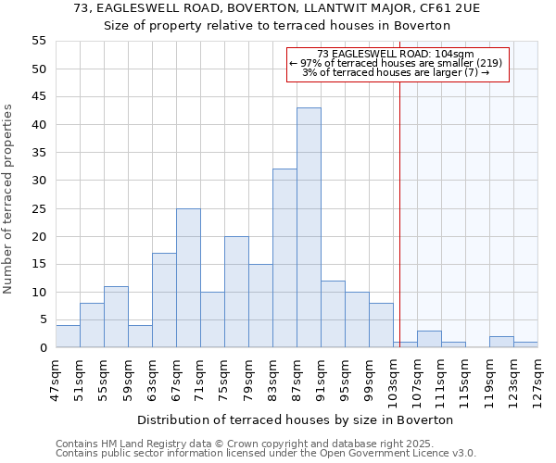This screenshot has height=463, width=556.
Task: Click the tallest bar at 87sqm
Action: point(309,228)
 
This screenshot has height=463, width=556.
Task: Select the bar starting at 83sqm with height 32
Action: point(284,258)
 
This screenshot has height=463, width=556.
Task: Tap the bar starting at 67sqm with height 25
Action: point(188,278)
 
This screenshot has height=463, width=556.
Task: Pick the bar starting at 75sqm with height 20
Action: point(236,292)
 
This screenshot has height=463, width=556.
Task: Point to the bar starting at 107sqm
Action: point(429,339)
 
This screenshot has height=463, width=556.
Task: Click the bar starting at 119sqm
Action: point(501,342)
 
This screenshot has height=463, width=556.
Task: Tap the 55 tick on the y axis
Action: point(38,41)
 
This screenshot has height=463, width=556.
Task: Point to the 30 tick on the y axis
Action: point(38,181)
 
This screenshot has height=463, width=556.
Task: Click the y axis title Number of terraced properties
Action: point(9,198)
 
